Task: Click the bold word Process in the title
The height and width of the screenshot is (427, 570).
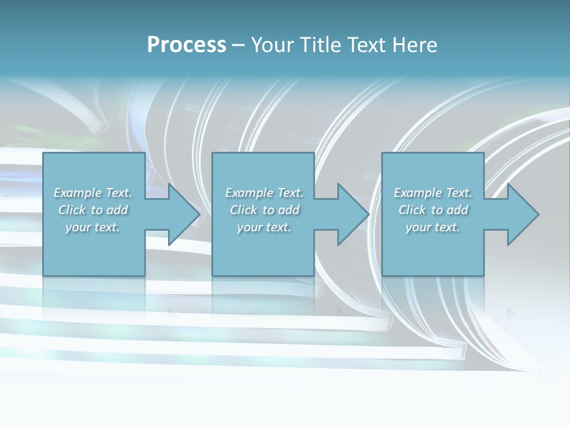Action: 186,45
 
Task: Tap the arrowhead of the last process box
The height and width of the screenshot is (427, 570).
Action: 522,214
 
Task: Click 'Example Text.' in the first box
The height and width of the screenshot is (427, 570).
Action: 93,193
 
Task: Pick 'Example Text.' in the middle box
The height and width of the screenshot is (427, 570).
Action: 264,193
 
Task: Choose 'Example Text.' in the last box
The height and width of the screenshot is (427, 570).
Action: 433,193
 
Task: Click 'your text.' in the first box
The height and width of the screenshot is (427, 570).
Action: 93,227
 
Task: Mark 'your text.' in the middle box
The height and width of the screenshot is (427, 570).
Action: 264,227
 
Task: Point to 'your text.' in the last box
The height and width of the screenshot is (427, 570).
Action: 433,227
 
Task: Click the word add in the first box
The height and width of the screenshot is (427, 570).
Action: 118,210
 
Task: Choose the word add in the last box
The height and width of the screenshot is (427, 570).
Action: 458,210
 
